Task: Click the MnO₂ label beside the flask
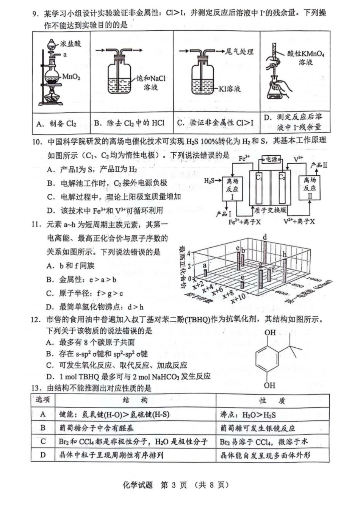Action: pyautogui.click(x=71, y=77)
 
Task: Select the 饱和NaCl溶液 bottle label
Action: pyautogui.click(x=151, y=83)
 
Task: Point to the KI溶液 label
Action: pyautogui.click(x=229, y=89)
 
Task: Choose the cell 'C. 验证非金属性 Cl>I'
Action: pyautogui.click(x=215, y=123)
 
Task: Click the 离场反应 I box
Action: pyautogui.click(x=232, y=189)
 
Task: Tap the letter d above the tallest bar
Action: pyautogui.click(x=265, y=237)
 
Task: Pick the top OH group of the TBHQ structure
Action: pyautogui.click(x=270, y=333)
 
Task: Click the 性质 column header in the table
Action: pyautogui.click(x=272, y=401)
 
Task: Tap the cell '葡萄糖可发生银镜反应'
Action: pyautogui.click(x=258, y=428)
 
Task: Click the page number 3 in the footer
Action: pyautogui.click(x=174, y=485)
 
